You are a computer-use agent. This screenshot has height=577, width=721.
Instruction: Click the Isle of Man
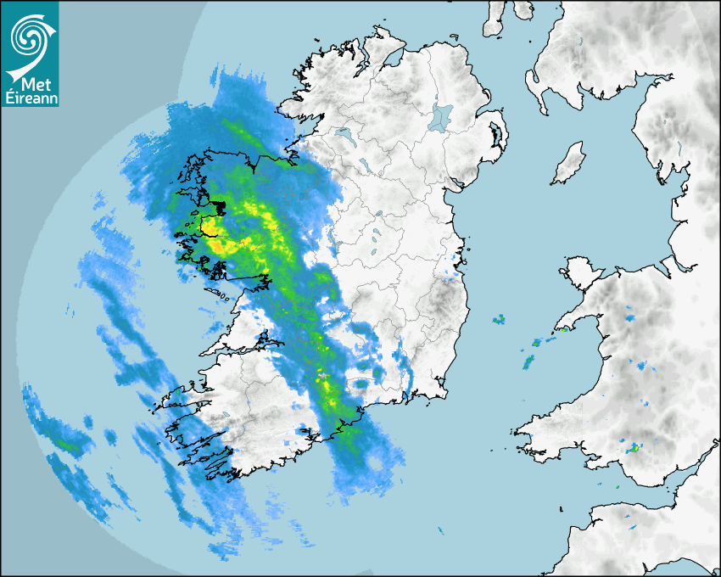click(x=569, y=164)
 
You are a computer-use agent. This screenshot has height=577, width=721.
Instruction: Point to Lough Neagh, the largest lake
click(x=441, y=117)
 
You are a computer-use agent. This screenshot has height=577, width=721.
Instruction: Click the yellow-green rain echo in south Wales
click(x=633, y=446)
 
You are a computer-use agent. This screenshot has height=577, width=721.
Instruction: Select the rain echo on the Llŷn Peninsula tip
click(x=562, y=329)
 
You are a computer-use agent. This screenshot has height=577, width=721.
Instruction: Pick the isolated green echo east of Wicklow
click(x=499, y=320)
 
